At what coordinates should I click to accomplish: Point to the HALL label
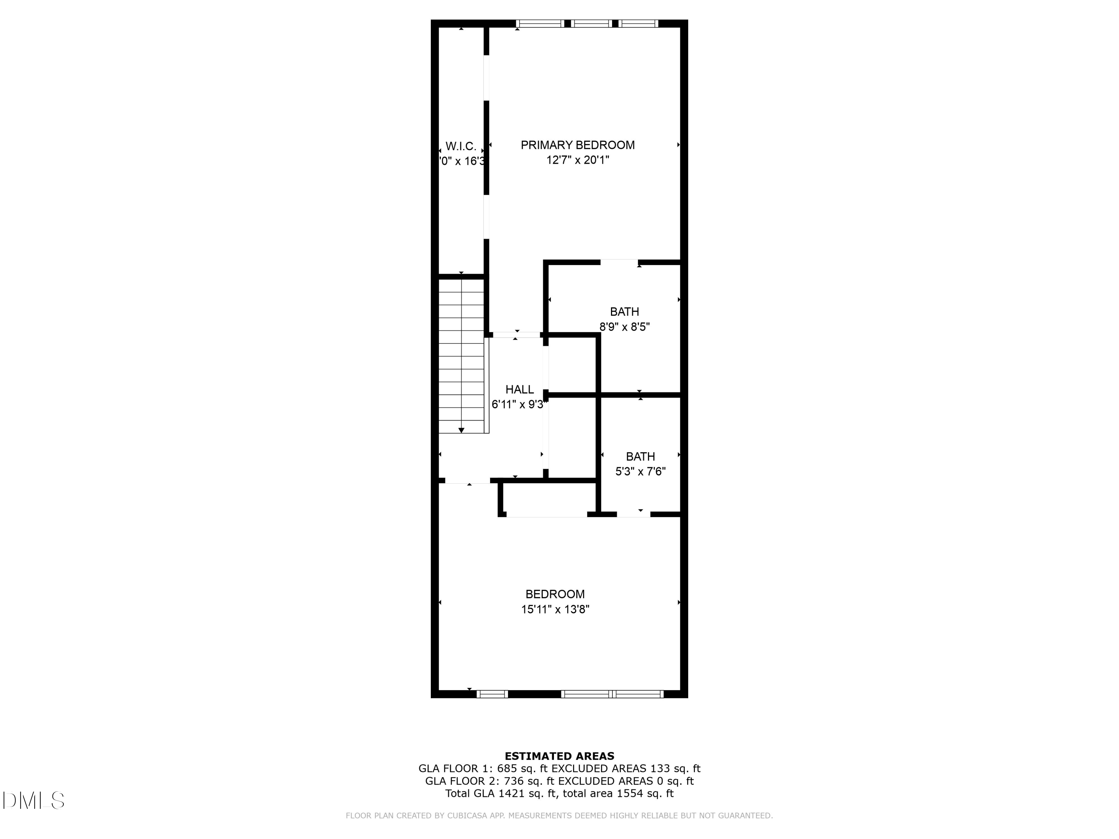tap(520, 389)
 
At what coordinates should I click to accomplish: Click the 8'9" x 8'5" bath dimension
tap(624, 327)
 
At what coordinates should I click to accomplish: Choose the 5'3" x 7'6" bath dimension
tap(640, 472)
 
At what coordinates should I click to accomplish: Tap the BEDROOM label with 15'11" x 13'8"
tap(555, 594)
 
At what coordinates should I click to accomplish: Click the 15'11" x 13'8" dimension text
tap(555, 609)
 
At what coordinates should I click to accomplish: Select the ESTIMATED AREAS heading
tap(559, 756)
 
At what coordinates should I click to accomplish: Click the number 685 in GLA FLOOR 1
tap(507, 769)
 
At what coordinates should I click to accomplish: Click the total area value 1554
tap(630, 794)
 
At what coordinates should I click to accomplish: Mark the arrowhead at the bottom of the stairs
tap(461, 430)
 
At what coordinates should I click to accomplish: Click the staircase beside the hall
tap(461, 354)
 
